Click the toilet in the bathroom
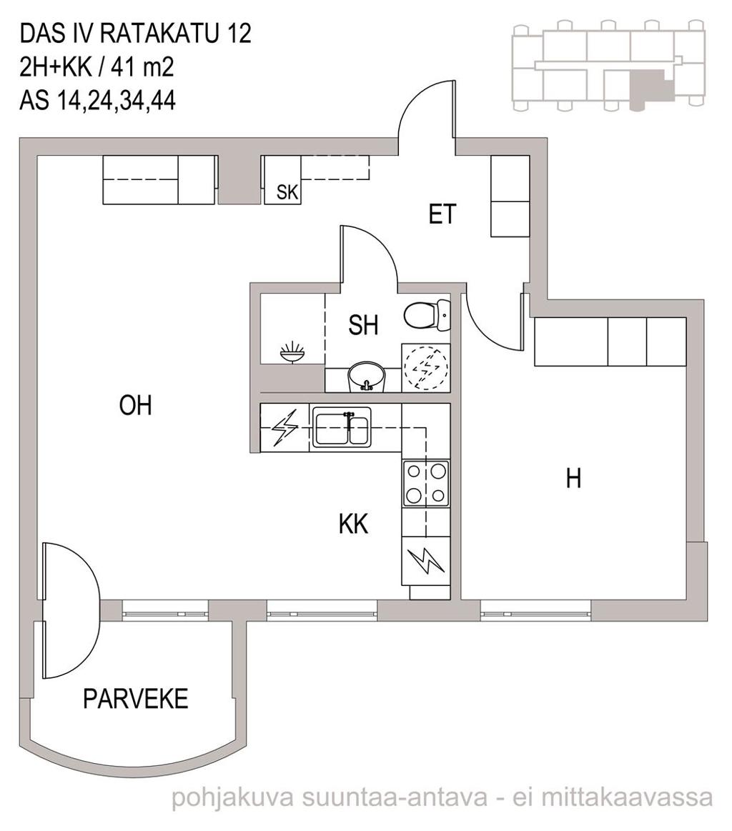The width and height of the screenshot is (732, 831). click(x=427, y=316)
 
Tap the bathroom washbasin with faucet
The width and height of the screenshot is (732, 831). click(x=366, y=377)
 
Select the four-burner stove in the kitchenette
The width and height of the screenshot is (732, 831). click(x=425, y=483)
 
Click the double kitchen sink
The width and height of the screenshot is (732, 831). click(x=342, y=427)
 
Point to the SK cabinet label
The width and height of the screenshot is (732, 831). click(x=288, y=191)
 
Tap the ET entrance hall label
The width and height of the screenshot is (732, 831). click(x=442, y=214)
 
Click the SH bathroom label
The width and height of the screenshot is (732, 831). click(x=364, y=325)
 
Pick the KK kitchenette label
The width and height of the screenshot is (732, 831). click(x=354, y=524)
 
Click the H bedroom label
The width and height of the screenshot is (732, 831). click(x=573, y=478)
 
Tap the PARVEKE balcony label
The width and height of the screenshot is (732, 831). click(x=136, y=699)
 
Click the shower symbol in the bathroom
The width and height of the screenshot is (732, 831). click(x=293, y=352)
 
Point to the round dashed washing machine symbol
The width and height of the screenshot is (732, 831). click(x=425, y=368)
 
